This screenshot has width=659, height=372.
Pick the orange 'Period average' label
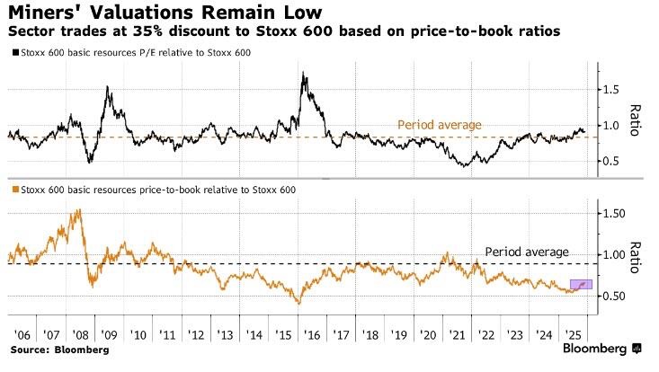[x=441, y=125]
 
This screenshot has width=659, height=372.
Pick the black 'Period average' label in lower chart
[x=527, y=252]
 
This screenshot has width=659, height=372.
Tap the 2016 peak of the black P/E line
[x=304, y=75]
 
